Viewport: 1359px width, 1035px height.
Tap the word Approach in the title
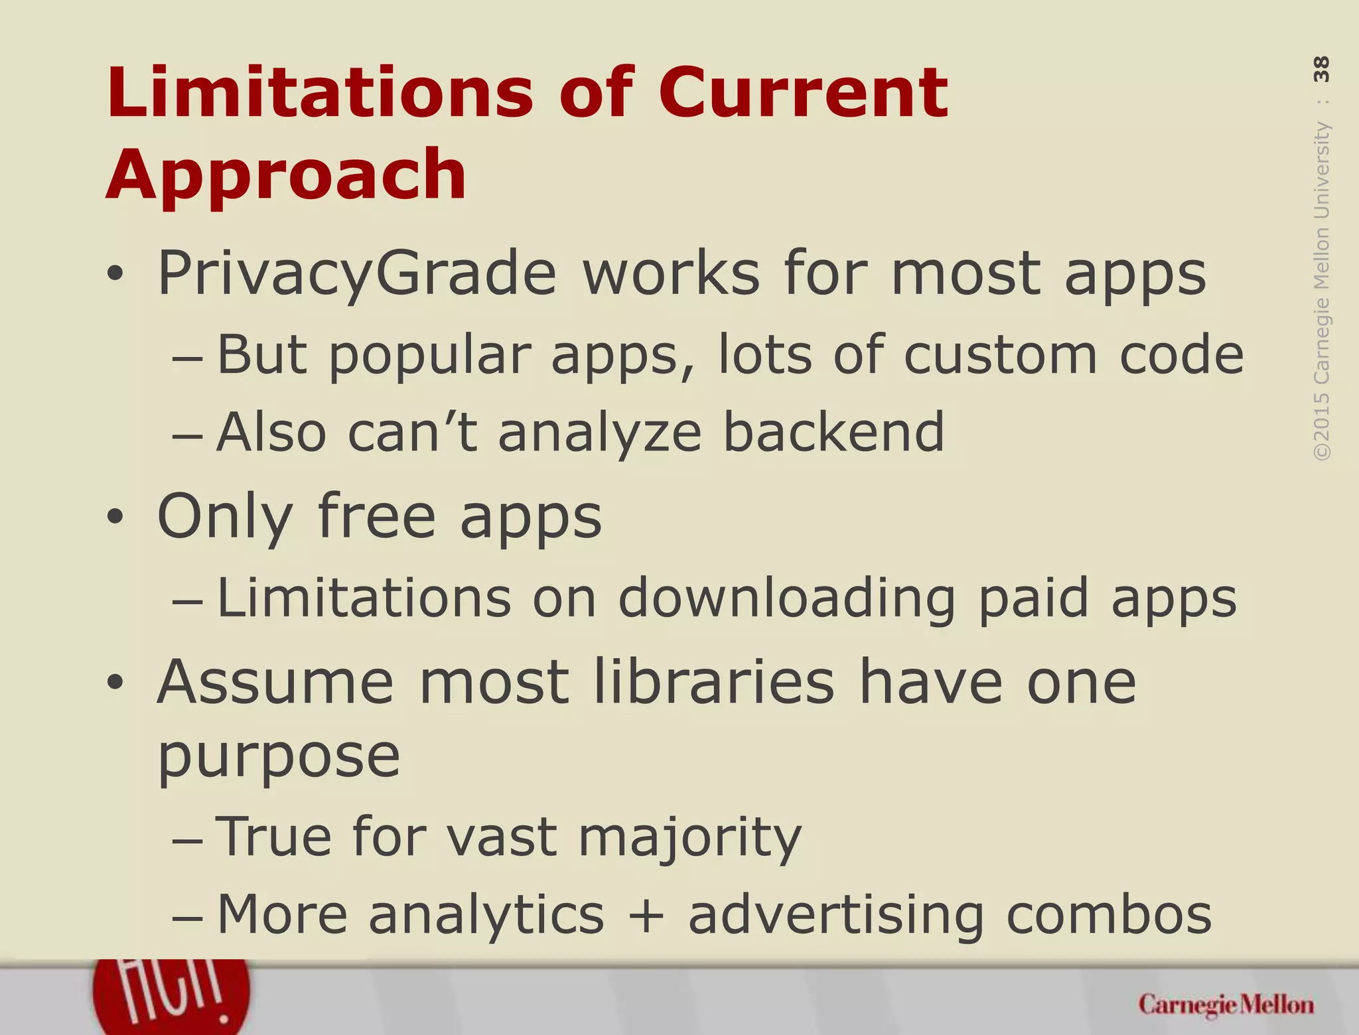pos(286,174)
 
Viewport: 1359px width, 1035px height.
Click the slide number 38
pos(1321,69)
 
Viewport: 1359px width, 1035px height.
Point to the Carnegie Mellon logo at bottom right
pos(1226,1005)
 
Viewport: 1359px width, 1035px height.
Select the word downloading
pos(786,598)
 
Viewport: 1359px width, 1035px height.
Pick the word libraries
pos(714,683)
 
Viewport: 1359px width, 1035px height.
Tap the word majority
pos(690,837)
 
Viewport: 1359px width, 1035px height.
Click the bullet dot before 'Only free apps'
pos(115,517)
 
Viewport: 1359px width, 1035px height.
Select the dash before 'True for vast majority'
pos(186,840)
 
